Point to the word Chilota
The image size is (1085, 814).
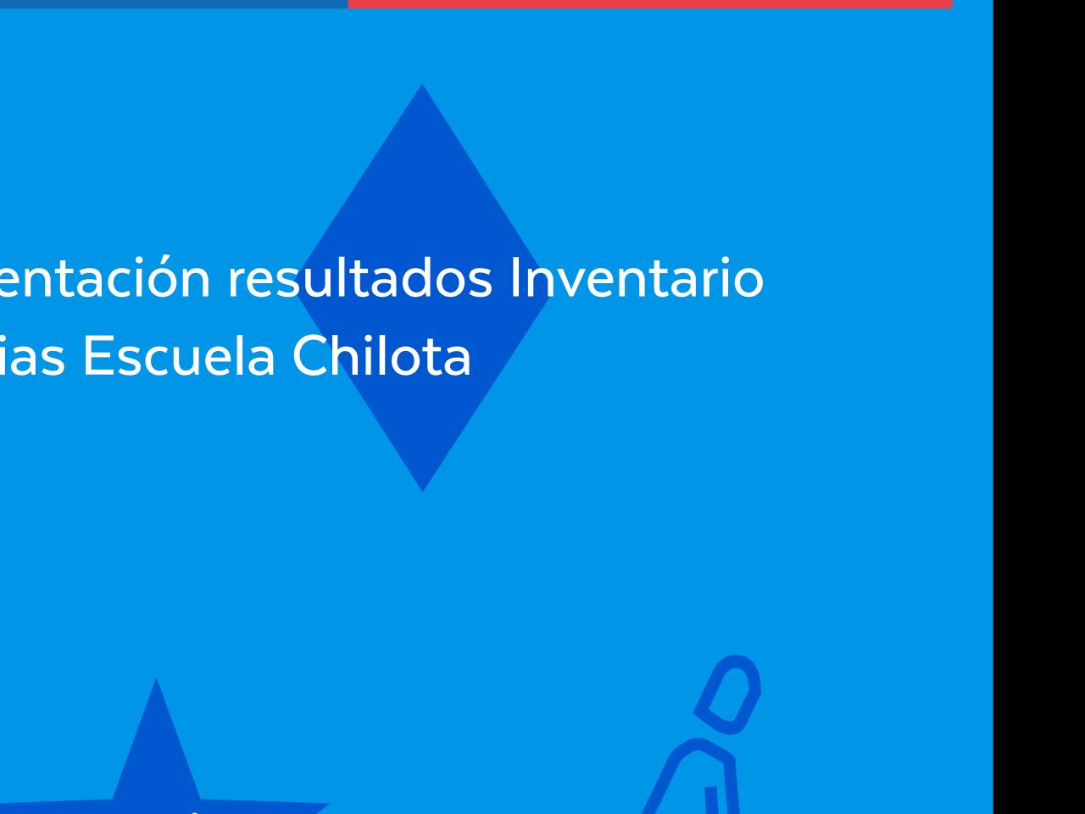[381, 357]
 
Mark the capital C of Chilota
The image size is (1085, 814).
[309, 357]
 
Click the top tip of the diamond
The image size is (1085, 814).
[422, 86]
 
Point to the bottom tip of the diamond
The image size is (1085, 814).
[422, 488]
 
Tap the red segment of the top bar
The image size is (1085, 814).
[649, 3]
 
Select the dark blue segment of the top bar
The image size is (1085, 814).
[173, 3]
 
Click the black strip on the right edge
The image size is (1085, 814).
[1038, 407]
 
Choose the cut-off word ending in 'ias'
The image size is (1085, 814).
[31, 357]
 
